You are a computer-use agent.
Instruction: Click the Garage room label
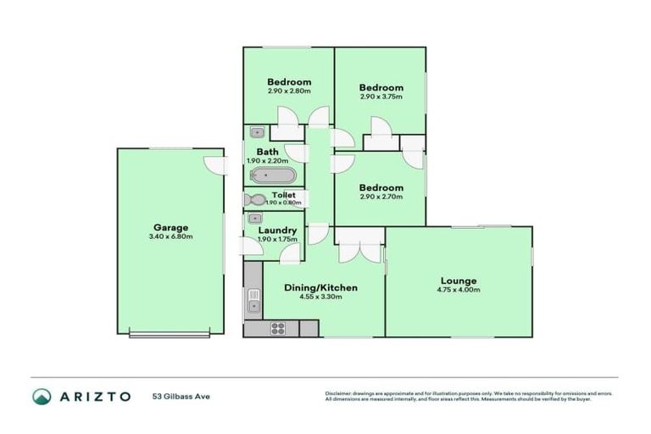[170, 227]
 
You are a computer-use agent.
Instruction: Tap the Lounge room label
[458, 281]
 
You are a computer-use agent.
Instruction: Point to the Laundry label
[276, 230]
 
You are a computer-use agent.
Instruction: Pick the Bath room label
[267, 153]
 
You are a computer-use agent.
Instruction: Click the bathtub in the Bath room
[272, 175]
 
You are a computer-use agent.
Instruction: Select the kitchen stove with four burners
[279, 328]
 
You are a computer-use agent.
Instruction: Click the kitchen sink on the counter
[253, 300]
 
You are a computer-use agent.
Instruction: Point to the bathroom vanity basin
[258, 132]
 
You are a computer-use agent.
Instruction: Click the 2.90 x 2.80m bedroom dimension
[289, 92]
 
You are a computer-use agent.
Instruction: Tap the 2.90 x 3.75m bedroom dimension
[381, 97]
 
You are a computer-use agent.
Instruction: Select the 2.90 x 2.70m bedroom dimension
[381, 197]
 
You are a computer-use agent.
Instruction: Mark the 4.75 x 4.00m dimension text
[458, 290]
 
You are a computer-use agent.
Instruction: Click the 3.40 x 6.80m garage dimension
[170, 236]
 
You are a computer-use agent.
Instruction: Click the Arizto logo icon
[42, 396]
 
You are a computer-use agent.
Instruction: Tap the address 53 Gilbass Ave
[181, 396]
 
